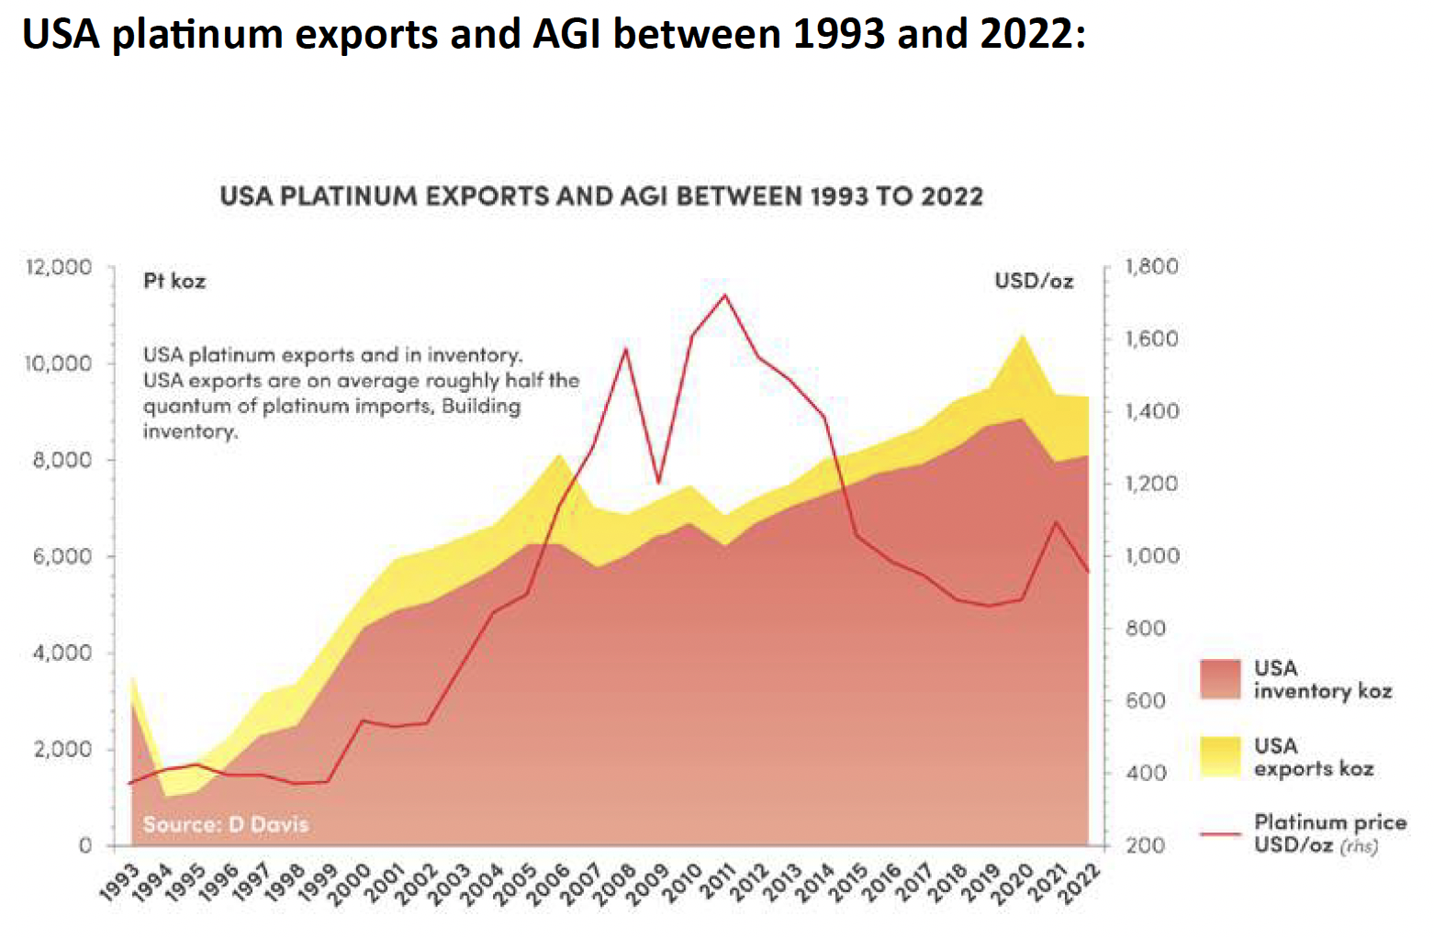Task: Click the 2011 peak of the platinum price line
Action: coord(725,295)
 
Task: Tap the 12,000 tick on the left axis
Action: coord(60,267)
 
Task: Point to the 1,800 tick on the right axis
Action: coord(1151,267)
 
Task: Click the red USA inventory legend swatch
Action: coord(1220,679)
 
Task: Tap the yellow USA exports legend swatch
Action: coord(1220,756)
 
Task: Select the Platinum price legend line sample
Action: coord(1220,833)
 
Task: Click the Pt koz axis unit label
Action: coord(174,281)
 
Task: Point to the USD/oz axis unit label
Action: coord(1034,281)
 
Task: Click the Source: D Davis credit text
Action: coord(226,824)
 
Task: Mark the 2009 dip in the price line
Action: coord(658,481)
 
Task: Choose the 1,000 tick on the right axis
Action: coord(1151,556)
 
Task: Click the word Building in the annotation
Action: coord(481,406)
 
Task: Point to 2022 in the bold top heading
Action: coord(1026,35)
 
